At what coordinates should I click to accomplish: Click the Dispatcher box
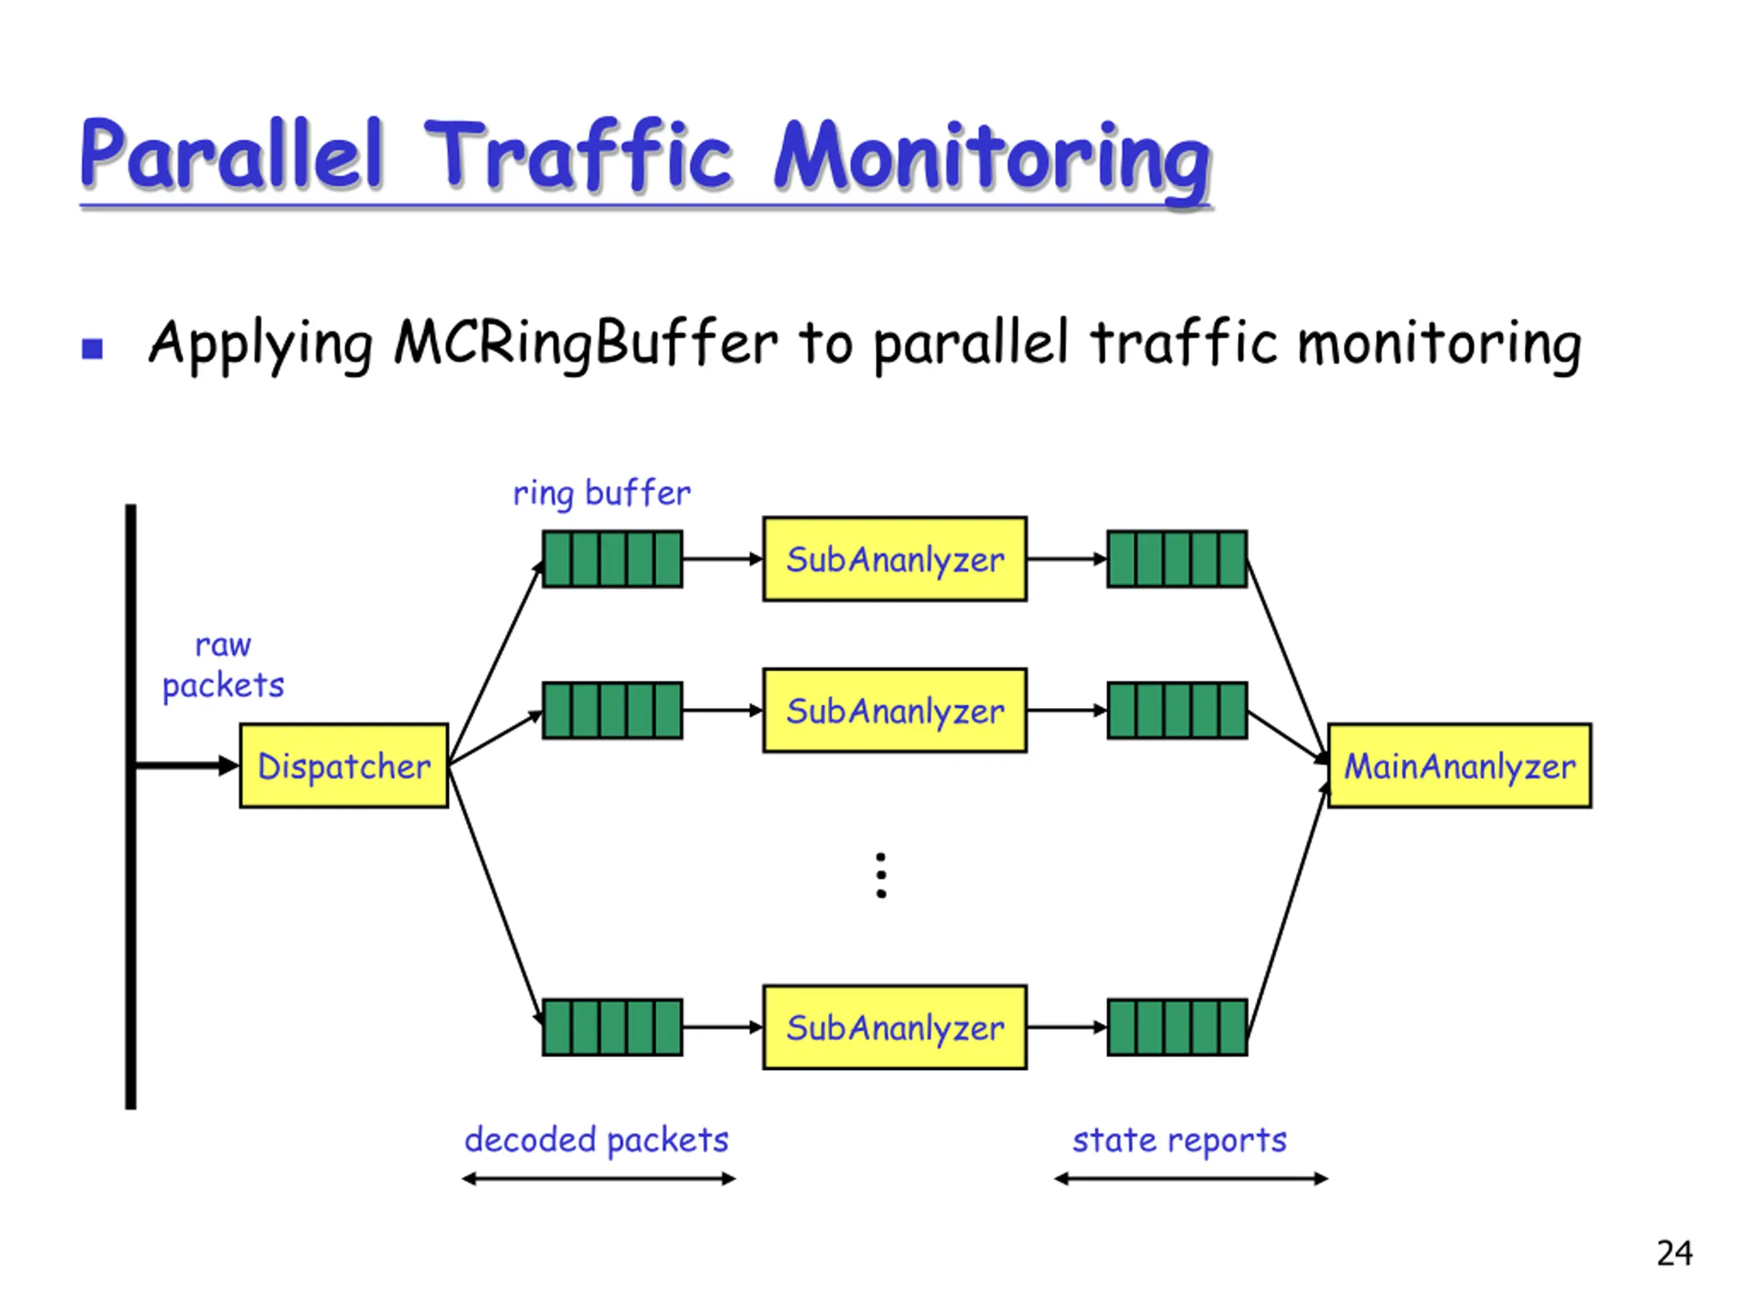[x=344, y=765]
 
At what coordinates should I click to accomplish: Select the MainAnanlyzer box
[x=1459, y=765]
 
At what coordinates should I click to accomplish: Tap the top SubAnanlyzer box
[x=894, y=559]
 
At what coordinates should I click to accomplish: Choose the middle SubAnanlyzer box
[x=894, y=710]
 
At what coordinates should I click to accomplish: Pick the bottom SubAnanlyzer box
[x=894, y=1026]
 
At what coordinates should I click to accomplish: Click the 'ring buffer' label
[x=602, y=493]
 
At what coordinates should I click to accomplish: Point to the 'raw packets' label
[x=223, y=664]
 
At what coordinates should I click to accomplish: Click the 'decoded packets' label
[x=596, y=1140]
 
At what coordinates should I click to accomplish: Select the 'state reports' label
[x=1179, y=1140]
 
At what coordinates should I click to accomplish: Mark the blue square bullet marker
[x=92, y=348]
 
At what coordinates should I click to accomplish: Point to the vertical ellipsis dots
[x=881, y=875]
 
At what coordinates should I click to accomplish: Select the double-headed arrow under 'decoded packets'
[x=598, y=1179]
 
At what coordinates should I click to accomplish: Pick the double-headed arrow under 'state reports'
[x=1191, y=1179]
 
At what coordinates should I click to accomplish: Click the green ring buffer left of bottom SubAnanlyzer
[x=612, y=1026]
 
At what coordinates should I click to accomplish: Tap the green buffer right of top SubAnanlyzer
[x=1176, y=559]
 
